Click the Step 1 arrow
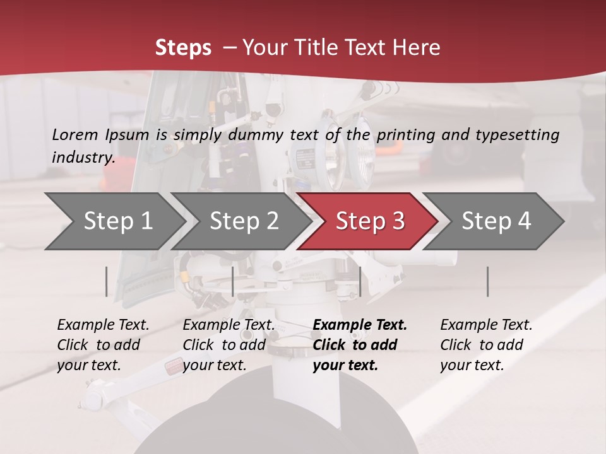point(118,221)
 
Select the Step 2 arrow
point(244,221)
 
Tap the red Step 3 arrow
point(369,221)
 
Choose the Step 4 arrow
point(496,221)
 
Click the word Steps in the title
point(183,48)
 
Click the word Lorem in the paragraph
point(75,134)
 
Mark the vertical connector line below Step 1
point(107,281)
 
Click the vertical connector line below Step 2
point(233,281)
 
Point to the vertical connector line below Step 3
point(360,281)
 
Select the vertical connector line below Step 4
point(487,281)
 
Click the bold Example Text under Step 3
point(360,325)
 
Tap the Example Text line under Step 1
point(103,325)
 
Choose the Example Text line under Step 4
point(486,325)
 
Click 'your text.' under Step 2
point(214,365)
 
